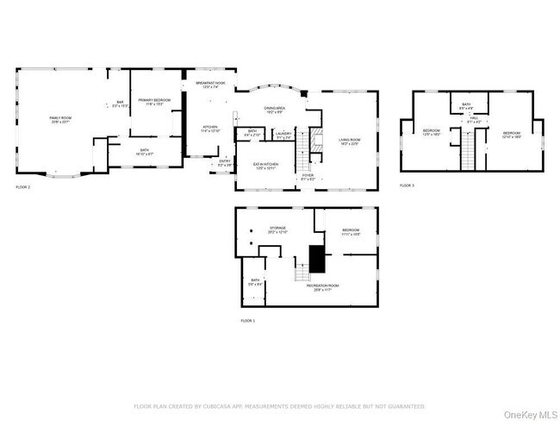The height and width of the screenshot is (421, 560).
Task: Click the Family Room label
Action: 59,118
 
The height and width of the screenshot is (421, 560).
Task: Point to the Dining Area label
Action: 276,110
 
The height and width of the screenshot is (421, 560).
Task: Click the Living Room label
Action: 349,141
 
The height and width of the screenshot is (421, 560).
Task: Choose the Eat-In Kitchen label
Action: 265,166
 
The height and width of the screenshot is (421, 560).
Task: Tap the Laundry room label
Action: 284,135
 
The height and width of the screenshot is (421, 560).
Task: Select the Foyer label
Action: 308,177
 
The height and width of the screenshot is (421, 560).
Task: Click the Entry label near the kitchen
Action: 224,162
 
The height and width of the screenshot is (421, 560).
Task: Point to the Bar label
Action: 121,104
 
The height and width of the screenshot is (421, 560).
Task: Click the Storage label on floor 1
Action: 277,230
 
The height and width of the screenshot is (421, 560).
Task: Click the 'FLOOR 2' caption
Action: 22,186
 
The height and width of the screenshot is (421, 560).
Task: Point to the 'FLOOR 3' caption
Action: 406,185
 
